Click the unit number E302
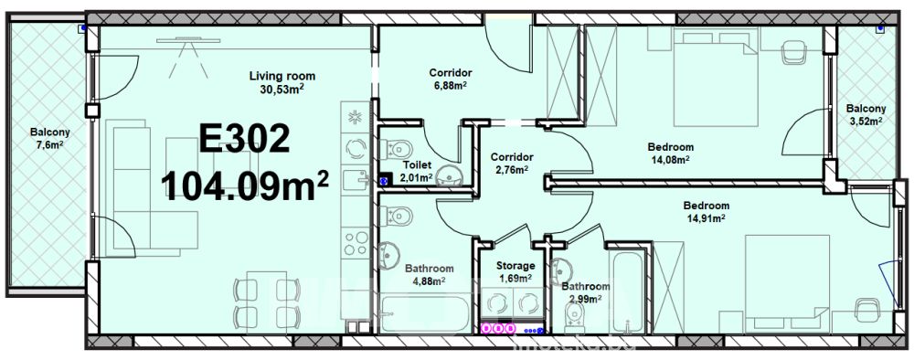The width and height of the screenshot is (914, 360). (x=244, y=139)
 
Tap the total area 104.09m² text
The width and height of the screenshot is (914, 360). (x=245, y=185)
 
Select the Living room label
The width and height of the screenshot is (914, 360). (x=282, y=76)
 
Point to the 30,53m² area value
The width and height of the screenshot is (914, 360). (x=282, y=89)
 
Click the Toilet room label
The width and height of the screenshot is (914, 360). (x=417, y=165)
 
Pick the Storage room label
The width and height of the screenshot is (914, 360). (x=515, y=266)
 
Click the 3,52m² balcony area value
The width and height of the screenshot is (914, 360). (x=866, y=122)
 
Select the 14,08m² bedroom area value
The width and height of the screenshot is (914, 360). (x=670, y=160)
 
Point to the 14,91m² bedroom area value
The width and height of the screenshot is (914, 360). (x=706, y=218)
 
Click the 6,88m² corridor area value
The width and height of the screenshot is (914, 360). (x=450, y=86)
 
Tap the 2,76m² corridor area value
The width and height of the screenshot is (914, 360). (x=512, y=170)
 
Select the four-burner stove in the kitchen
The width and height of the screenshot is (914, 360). (x=355, y=243)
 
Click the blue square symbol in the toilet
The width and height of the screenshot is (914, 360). (x=384, y=181)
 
